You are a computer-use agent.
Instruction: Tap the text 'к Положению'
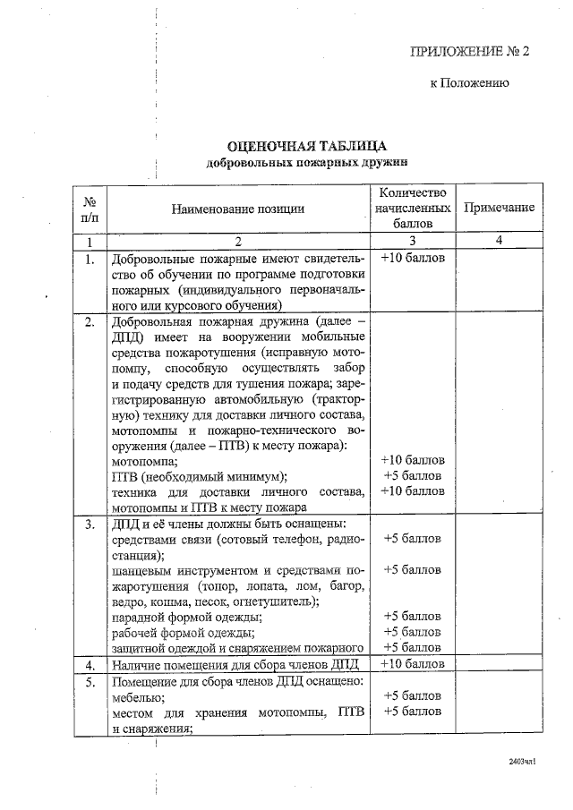[470, 83]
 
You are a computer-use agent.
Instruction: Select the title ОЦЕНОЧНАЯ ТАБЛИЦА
[306, 147]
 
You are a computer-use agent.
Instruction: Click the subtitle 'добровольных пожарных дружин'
[306, 164]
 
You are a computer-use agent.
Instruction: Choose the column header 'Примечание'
[499, 208]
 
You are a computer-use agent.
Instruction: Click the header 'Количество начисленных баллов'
[412, 208]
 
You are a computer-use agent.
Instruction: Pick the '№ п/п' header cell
[90, 209]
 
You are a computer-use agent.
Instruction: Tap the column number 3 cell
[412, 241]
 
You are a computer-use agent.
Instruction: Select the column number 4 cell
[499, 241]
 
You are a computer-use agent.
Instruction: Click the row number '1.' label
[90, 260]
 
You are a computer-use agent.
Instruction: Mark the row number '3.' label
[90, 524]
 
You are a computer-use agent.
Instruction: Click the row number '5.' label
[90, 681]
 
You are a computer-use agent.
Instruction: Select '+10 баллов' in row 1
[412, 259]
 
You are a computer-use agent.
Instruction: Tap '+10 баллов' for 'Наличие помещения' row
[412, 665]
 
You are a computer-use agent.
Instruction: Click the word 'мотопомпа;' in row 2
[143, 461]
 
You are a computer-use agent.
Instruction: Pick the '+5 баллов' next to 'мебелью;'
[412, 696]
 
